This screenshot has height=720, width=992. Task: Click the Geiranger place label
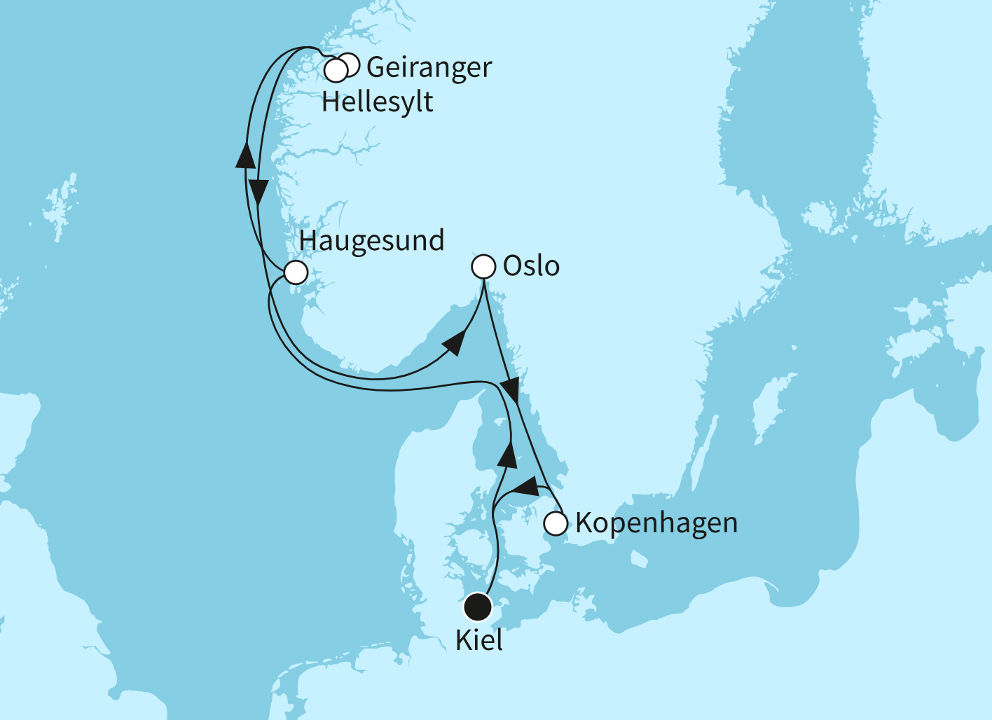(x=429, y=68)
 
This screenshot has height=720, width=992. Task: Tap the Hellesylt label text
(x=377, y=102)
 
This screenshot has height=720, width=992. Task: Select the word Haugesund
(x=371, y=241)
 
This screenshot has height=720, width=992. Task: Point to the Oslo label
(x=531, y=267)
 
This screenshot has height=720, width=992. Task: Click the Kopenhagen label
(x=656, y=523)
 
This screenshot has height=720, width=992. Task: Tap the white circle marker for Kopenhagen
(x=556, y=523)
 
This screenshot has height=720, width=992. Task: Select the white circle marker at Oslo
(x=484, y=266)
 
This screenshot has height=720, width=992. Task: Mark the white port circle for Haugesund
(x=296, y=272)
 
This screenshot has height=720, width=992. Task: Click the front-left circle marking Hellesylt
(x=336, y=70)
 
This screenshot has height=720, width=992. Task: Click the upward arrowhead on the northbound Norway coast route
(x=244, y=154)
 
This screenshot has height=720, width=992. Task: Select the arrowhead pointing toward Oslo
(x=455, y=343)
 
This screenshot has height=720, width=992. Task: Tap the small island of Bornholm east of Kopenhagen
(x=638, y=558)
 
